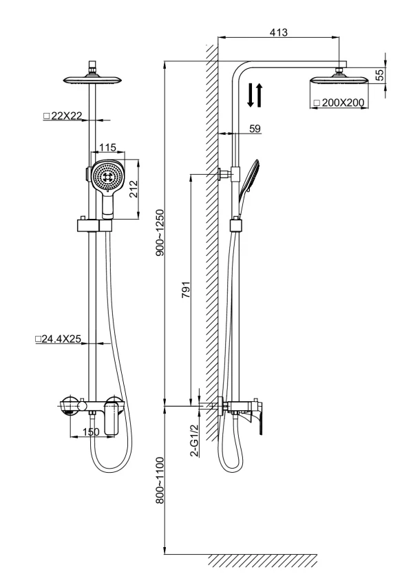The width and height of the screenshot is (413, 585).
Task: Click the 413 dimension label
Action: point(279,32)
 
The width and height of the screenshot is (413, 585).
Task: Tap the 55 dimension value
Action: point(379,75)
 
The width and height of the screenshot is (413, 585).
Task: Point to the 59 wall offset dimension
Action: point(255,129)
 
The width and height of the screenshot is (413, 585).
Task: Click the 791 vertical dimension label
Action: point(186,290)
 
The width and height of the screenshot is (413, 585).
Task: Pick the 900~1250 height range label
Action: point(160,233)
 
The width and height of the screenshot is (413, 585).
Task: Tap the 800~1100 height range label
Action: point(160,480)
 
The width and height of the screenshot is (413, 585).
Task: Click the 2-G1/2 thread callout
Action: point(194,440)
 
